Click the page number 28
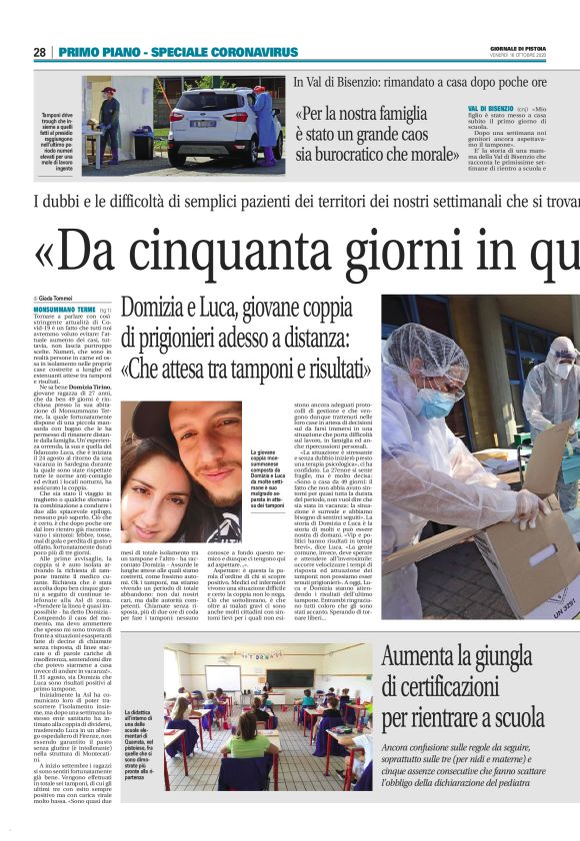point(39,51)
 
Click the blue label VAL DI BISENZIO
point(490,107)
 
